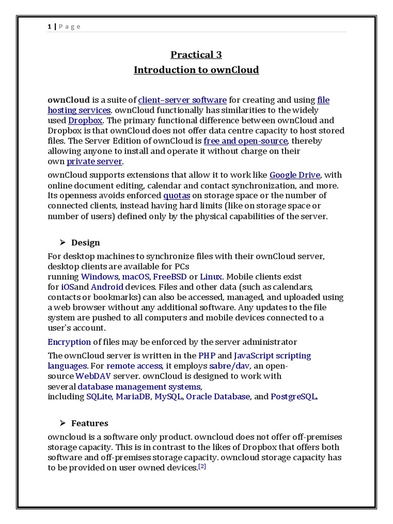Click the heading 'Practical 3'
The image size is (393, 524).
[196, 55]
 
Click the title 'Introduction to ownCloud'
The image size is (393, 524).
[196, 70]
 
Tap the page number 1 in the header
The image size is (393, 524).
[50, 27]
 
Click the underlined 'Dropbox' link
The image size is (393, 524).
[85, 120]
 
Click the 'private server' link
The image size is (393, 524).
[95, 161]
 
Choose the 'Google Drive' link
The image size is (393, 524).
[295, 175]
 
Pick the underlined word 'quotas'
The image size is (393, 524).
[176, 195]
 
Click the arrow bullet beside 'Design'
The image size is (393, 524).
[62, 243]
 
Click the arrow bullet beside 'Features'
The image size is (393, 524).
[62, 423]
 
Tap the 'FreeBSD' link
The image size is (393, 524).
[169, 277]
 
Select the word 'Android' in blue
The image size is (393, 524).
[107, 287]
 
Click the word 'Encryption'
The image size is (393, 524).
[69, 342]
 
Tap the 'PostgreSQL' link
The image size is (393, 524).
[294, 397]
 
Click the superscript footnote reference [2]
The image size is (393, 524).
[202, 467]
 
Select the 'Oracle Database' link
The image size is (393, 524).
[218, 397]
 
